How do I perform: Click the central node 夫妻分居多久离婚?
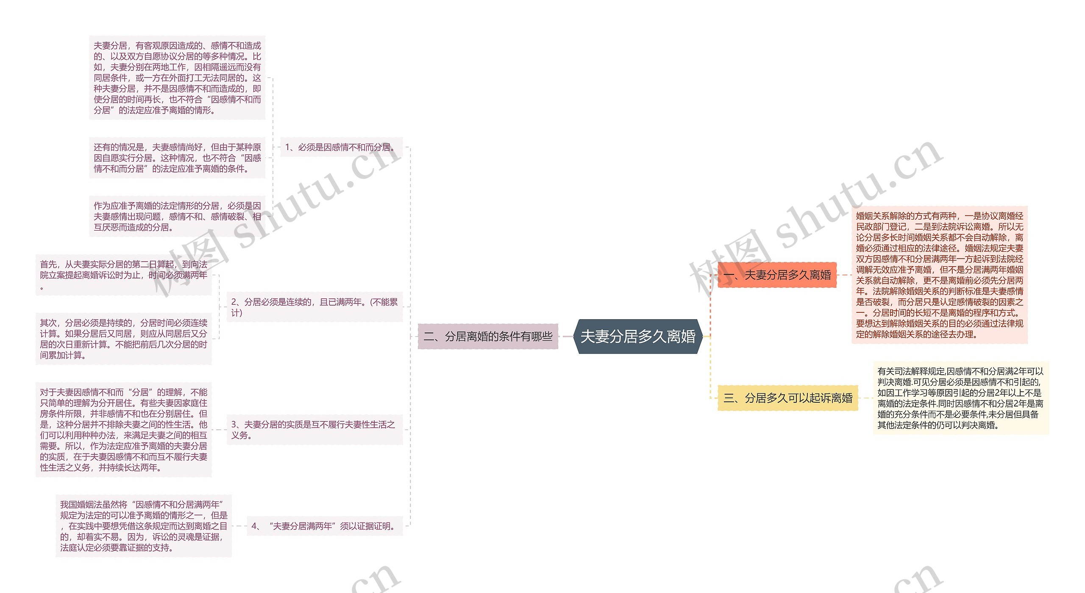[638, 337]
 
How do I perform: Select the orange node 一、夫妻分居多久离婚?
[777, 275]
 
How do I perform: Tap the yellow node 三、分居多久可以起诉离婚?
[788, 398]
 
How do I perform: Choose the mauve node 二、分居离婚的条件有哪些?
[488, 337]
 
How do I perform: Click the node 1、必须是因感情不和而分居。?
[341, 147]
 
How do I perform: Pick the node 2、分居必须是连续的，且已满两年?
[314, 307]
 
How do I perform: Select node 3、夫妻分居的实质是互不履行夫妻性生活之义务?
[314, 429]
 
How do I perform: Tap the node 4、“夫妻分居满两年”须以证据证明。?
[325, 526]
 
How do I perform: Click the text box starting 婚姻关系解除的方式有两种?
[940, 275]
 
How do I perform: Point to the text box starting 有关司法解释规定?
[961, 398]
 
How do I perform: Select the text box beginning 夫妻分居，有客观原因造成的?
[177, 78]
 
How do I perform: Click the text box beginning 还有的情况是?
[177, 158]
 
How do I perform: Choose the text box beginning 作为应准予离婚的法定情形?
[177, 216]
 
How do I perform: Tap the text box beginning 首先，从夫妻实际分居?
[123, 275]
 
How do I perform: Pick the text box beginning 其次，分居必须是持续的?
[123, 339]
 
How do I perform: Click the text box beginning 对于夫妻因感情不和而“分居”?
[123, 429]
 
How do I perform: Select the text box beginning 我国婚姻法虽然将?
[144, 526]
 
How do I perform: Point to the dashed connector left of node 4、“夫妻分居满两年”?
[239, 526]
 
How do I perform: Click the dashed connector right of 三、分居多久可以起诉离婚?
[865, 398]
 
